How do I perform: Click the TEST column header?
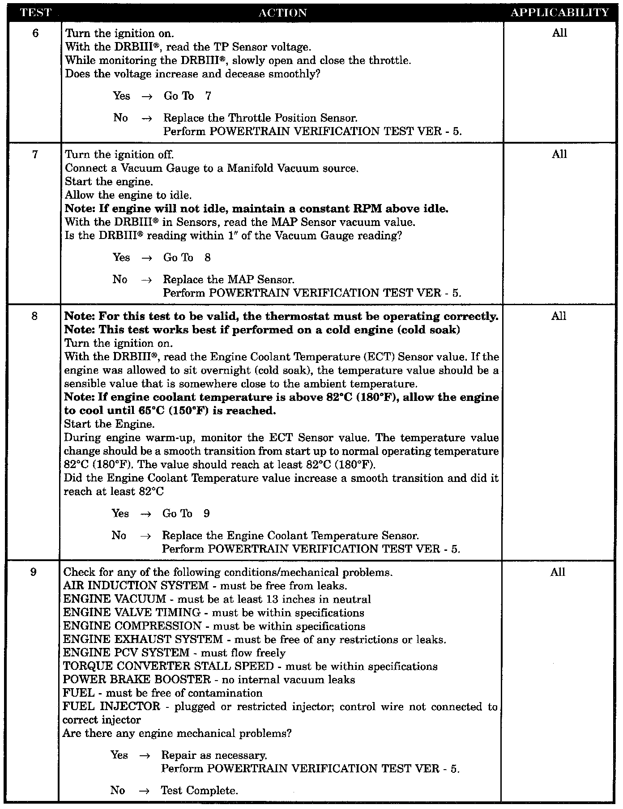click(x=36, y=13)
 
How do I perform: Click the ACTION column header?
click(x=283, y=13)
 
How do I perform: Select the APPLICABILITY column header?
click(x=560, y=13)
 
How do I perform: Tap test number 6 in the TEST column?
click(x=36, y=33)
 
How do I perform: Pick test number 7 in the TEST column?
click(x=35, y=154)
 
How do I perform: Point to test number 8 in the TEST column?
click(x=35, y=316)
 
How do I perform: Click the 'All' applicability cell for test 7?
click(x=559, y=154)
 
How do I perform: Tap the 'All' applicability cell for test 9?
click(x=558, y=572)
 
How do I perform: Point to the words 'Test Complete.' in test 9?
click(x=200, y=791)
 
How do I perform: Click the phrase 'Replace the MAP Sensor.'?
click(x=229, y=280)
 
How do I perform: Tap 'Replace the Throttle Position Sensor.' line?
click(x=260, y=118)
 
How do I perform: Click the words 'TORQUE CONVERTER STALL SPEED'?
click(x=168, y=666)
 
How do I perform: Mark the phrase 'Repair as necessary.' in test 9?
click(x=214, y=755)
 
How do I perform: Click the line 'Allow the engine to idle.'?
click(x=128, y=195)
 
